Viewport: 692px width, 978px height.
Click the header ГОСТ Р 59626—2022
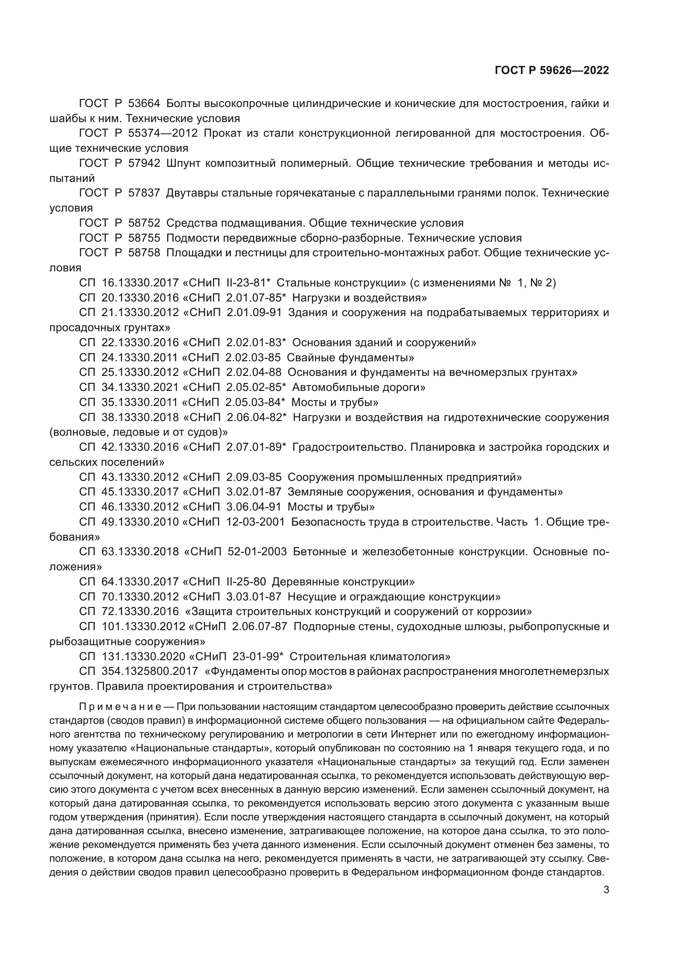click(551, 71)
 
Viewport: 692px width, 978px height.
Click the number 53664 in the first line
click(144, 104)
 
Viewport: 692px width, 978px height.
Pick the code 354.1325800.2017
click(150, 672)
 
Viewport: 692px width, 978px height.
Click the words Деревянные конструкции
click(343, 582)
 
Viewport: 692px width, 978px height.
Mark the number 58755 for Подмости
click(144, 238)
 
